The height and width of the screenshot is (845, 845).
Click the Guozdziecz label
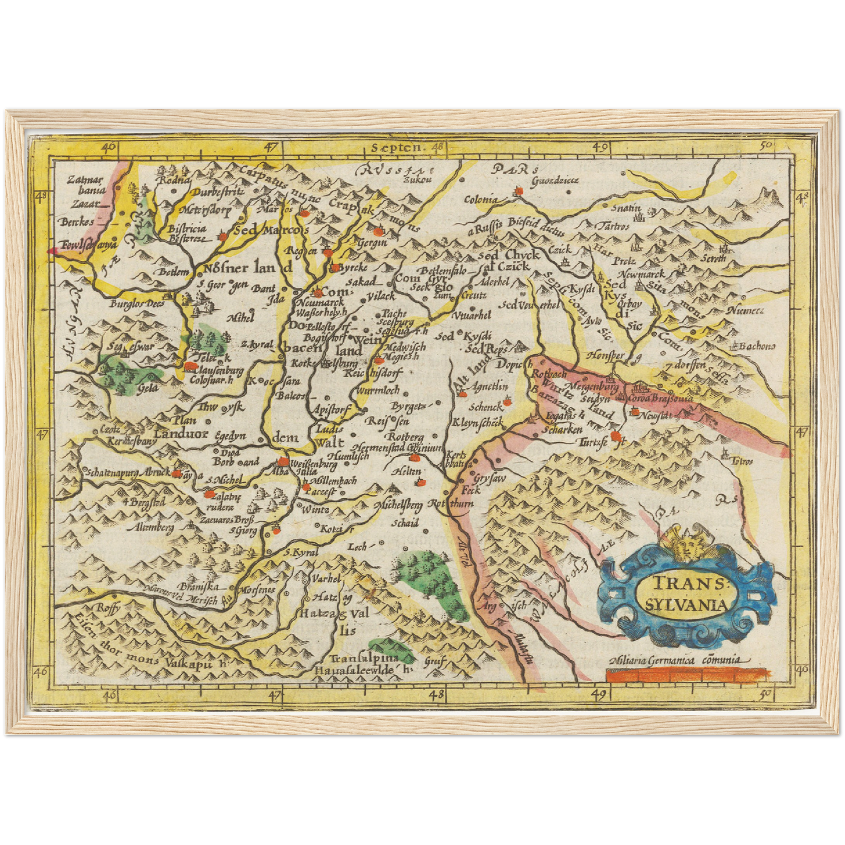click(x=554, y=180)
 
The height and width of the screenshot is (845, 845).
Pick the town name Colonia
click(x=481, y=200)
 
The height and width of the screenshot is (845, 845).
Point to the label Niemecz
click(x=745, y=311)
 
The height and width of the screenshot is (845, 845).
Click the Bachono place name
click(x=757, y=346)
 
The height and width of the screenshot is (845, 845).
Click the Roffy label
click(x=108, y=608)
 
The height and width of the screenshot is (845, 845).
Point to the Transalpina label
click(x=363, y=658)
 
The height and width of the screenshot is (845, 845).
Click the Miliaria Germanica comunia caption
click(x=677, y=660)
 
